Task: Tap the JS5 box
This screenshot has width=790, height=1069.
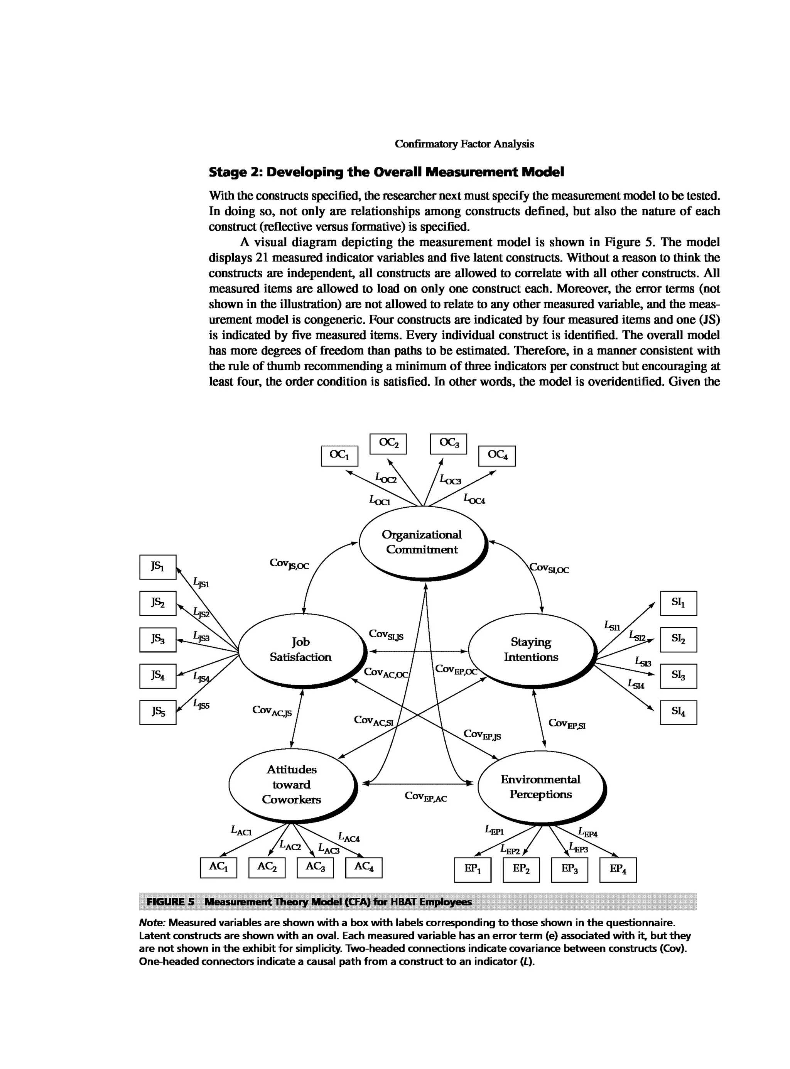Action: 158,712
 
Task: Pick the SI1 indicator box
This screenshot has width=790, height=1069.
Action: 678,603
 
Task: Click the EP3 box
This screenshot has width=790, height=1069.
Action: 569,870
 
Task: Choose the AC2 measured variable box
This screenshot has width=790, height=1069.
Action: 267,867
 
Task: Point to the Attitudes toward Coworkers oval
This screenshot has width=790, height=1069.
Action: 292,784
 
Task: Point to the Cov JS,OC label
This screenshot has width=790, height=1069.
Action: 289,564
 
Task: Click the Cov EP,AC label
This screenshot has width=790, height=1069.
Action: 425,796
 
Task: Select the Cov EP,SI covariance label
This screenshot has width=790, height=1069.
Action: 567,724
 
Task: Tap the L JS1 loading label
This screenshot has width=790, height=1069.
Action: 201,583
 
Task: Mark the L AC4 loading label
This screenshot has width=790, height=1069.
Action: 349,837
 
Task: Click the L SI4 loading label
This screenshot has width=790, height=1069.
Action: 636,684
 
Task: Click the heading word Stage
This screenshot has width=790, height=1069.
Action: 227,172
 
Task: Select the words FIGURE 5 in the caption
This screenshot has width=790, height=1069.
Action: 171,902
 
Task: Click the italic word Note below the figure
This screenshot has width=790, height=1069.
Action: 152,922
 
